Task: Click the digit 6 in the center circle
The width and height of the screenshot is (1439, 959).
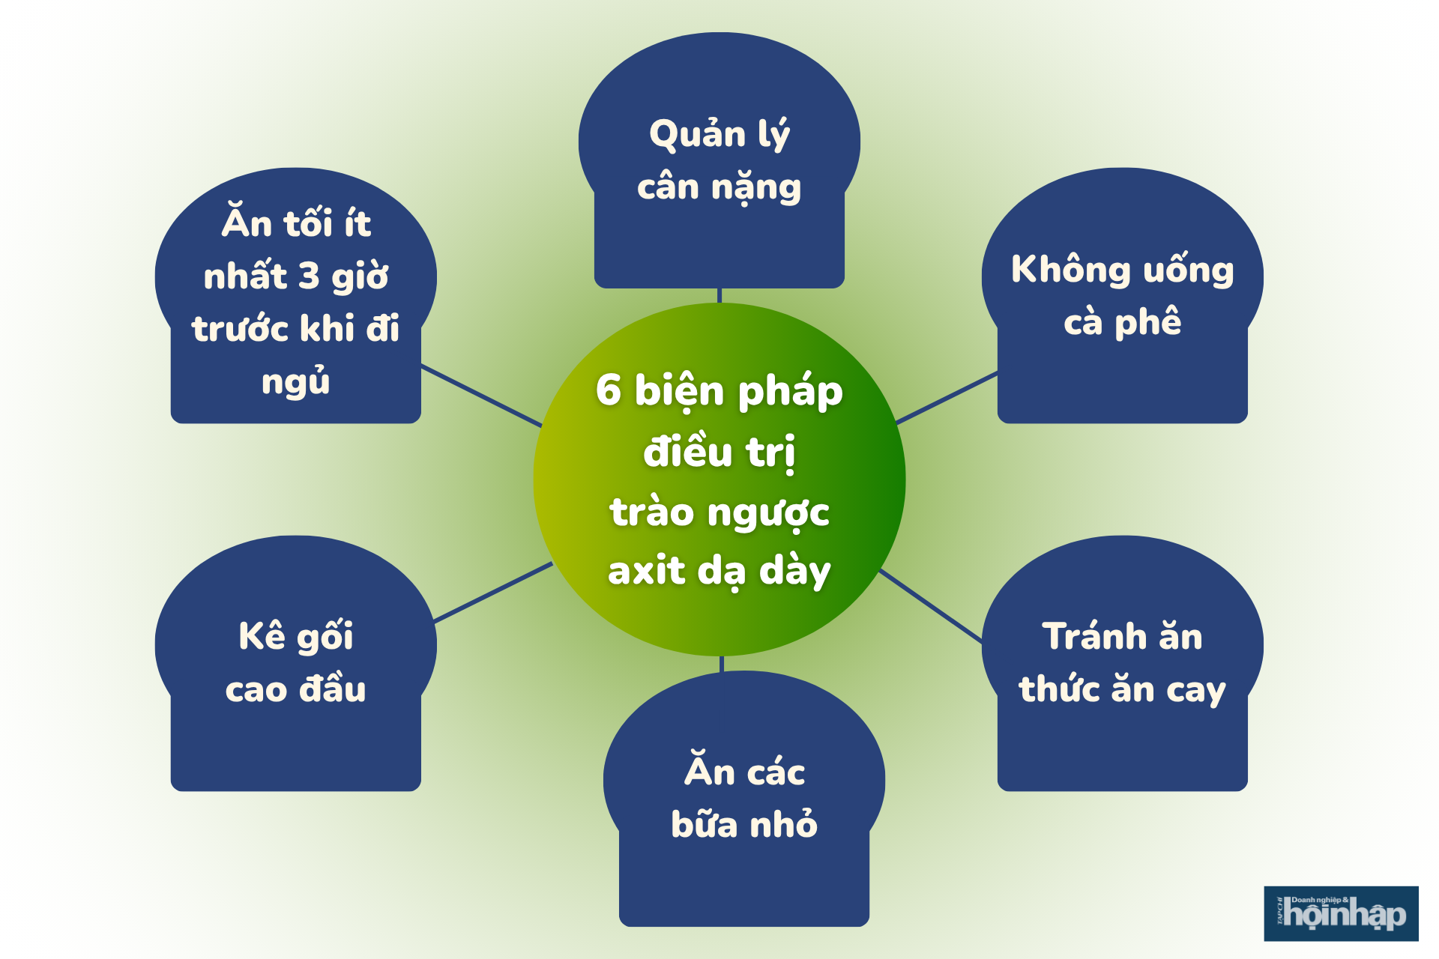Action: point(609,390)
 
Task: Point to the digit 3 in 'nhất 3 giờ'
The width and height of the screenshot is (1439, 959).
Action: point(309,276)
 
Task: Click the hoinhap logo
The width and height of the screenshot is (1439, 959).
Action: point(1341,913)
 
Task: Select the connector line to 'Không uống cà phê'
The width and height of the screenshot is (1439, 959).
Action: point(947,398)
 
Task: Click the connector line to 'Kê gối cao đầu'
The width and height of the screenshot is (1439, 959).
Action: point(493,592)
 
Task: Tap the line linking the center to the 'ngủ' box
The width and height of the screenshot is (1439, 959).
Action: point(481,396)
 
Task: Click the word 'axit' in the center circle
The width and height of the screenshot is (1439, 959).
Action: point(646,571)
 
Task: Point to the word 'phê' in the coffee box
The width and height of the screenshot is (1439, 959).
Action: point(1147,323)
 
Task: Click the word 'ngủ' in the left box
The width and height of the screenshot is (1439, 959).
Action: point(296,381)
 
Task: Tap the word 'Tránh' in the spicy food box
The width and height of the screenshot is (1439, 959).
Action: point(1094,637)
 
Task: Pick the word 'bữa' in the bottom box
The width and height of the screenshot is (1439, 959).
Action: point(705,824)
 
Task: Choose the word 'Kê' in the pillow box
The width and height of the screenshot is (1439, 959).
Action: point(262,637)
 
